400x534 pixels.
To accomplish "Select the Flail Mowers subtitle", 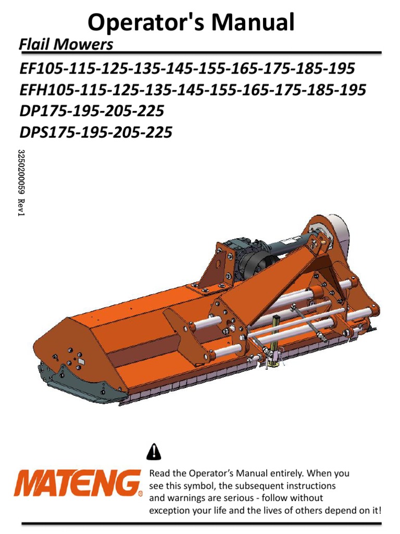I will click(66, 45).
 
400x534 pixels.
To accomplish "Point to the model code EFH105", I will click(43, 90).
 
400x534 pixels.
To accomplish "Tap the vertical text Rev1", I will click(22, 208).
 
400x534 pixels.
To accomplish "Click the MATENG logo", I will click(77, 483).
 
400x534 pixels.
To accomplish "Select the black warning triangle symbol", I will click(154, 451).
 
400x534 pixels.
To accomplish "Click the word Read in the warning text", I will click(160, 474).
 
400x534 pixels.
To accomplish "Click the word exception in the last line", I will click(169, 511).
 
